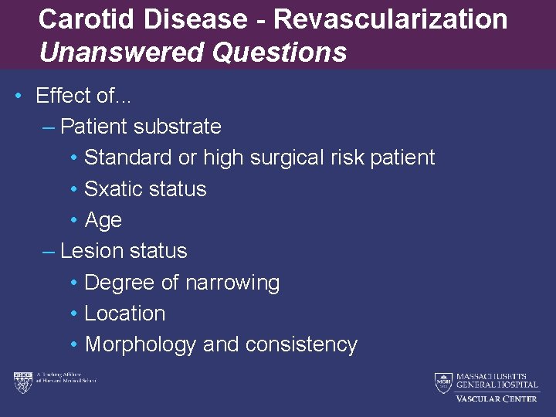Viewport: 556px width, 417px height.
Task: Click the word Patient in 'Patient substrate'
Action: (93, 126)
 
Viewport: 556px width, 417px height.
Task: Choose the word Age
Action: (103, 220)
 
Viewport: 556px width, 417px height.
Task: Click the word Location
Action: (125, 314)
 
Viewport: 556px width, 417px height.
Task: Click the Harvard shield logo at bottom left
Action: (22, 382)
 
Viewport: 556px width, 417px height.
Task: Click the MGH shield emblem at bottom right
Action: (443, 382)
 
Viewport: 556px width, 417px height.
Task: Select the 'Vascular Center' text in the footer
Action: (497, 398)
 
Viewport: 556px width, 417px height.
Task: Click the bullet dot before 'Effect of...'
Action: (17, 96)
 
